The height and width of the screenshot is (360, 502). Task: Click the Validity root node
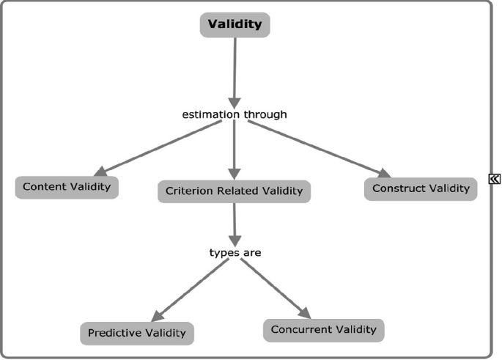click(235, 24)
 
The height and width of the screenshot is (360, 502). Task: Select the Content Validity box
click(67, 187)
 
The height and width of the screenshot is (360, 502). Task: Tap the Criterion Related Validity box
click(235, 191)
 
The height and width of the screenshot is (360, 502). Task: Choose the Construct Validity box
click(421, 188)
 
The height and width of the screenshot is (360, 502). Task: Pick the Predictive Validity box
click(137, 333)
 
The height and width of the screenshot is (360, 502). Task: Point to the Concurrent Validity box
click(323, 329)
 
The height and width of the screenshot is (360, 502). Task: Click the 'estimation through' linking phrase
click(234, 114)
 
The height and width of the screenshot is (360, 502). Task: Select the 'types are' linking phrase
click(235, 252)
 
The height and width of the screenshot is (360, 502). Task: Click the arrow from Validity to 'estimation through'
click(235, 70)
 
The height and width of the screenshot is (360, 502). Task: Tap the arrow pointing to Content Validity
click(157, 147)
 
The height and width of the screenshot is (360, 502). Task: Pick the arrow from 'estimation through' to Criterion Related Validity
click(235, 150)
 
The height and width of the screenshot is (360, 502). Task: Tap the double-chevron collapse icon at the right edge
click(495, 177)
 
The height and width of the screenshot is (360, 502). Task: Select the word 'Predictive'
click(114, 333)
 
